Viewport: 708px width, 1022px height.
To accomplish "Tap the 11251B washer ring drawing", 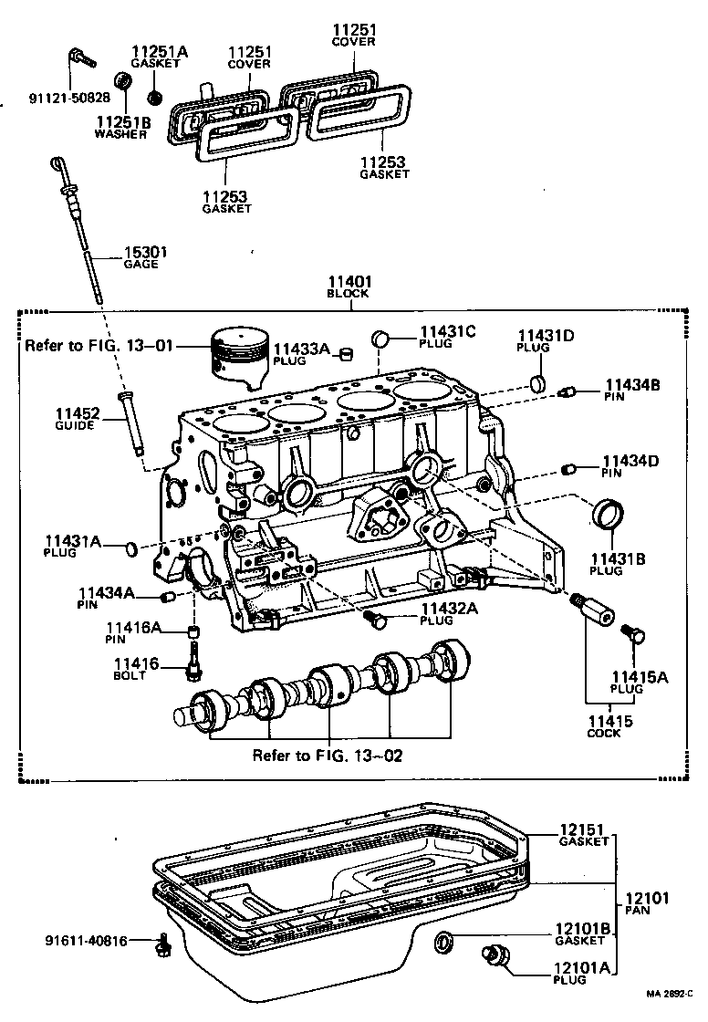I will pyautogui.click(x=123, y=82).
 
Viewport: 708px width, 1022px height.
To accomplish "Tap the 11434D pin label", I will pyautogui.click(x=629, y=466).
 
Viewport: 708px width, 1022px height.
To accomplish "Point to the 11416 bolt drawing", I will pyautogui.click(x=193, y=663).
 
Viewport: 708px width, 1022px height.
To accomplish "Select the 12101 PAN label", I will pyautogui.click(x=646, y=902).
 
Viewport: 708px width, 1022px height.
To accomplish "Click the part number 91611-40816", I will pyautogui.click(x=88, y=939).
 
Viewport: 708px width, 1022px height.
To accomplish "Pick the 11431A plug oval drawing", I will pyautogui.click(x=131, y=548).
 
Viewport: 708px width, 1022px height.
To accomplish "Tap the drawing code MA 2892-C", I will pyautogui.click(x=672, y=995).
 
